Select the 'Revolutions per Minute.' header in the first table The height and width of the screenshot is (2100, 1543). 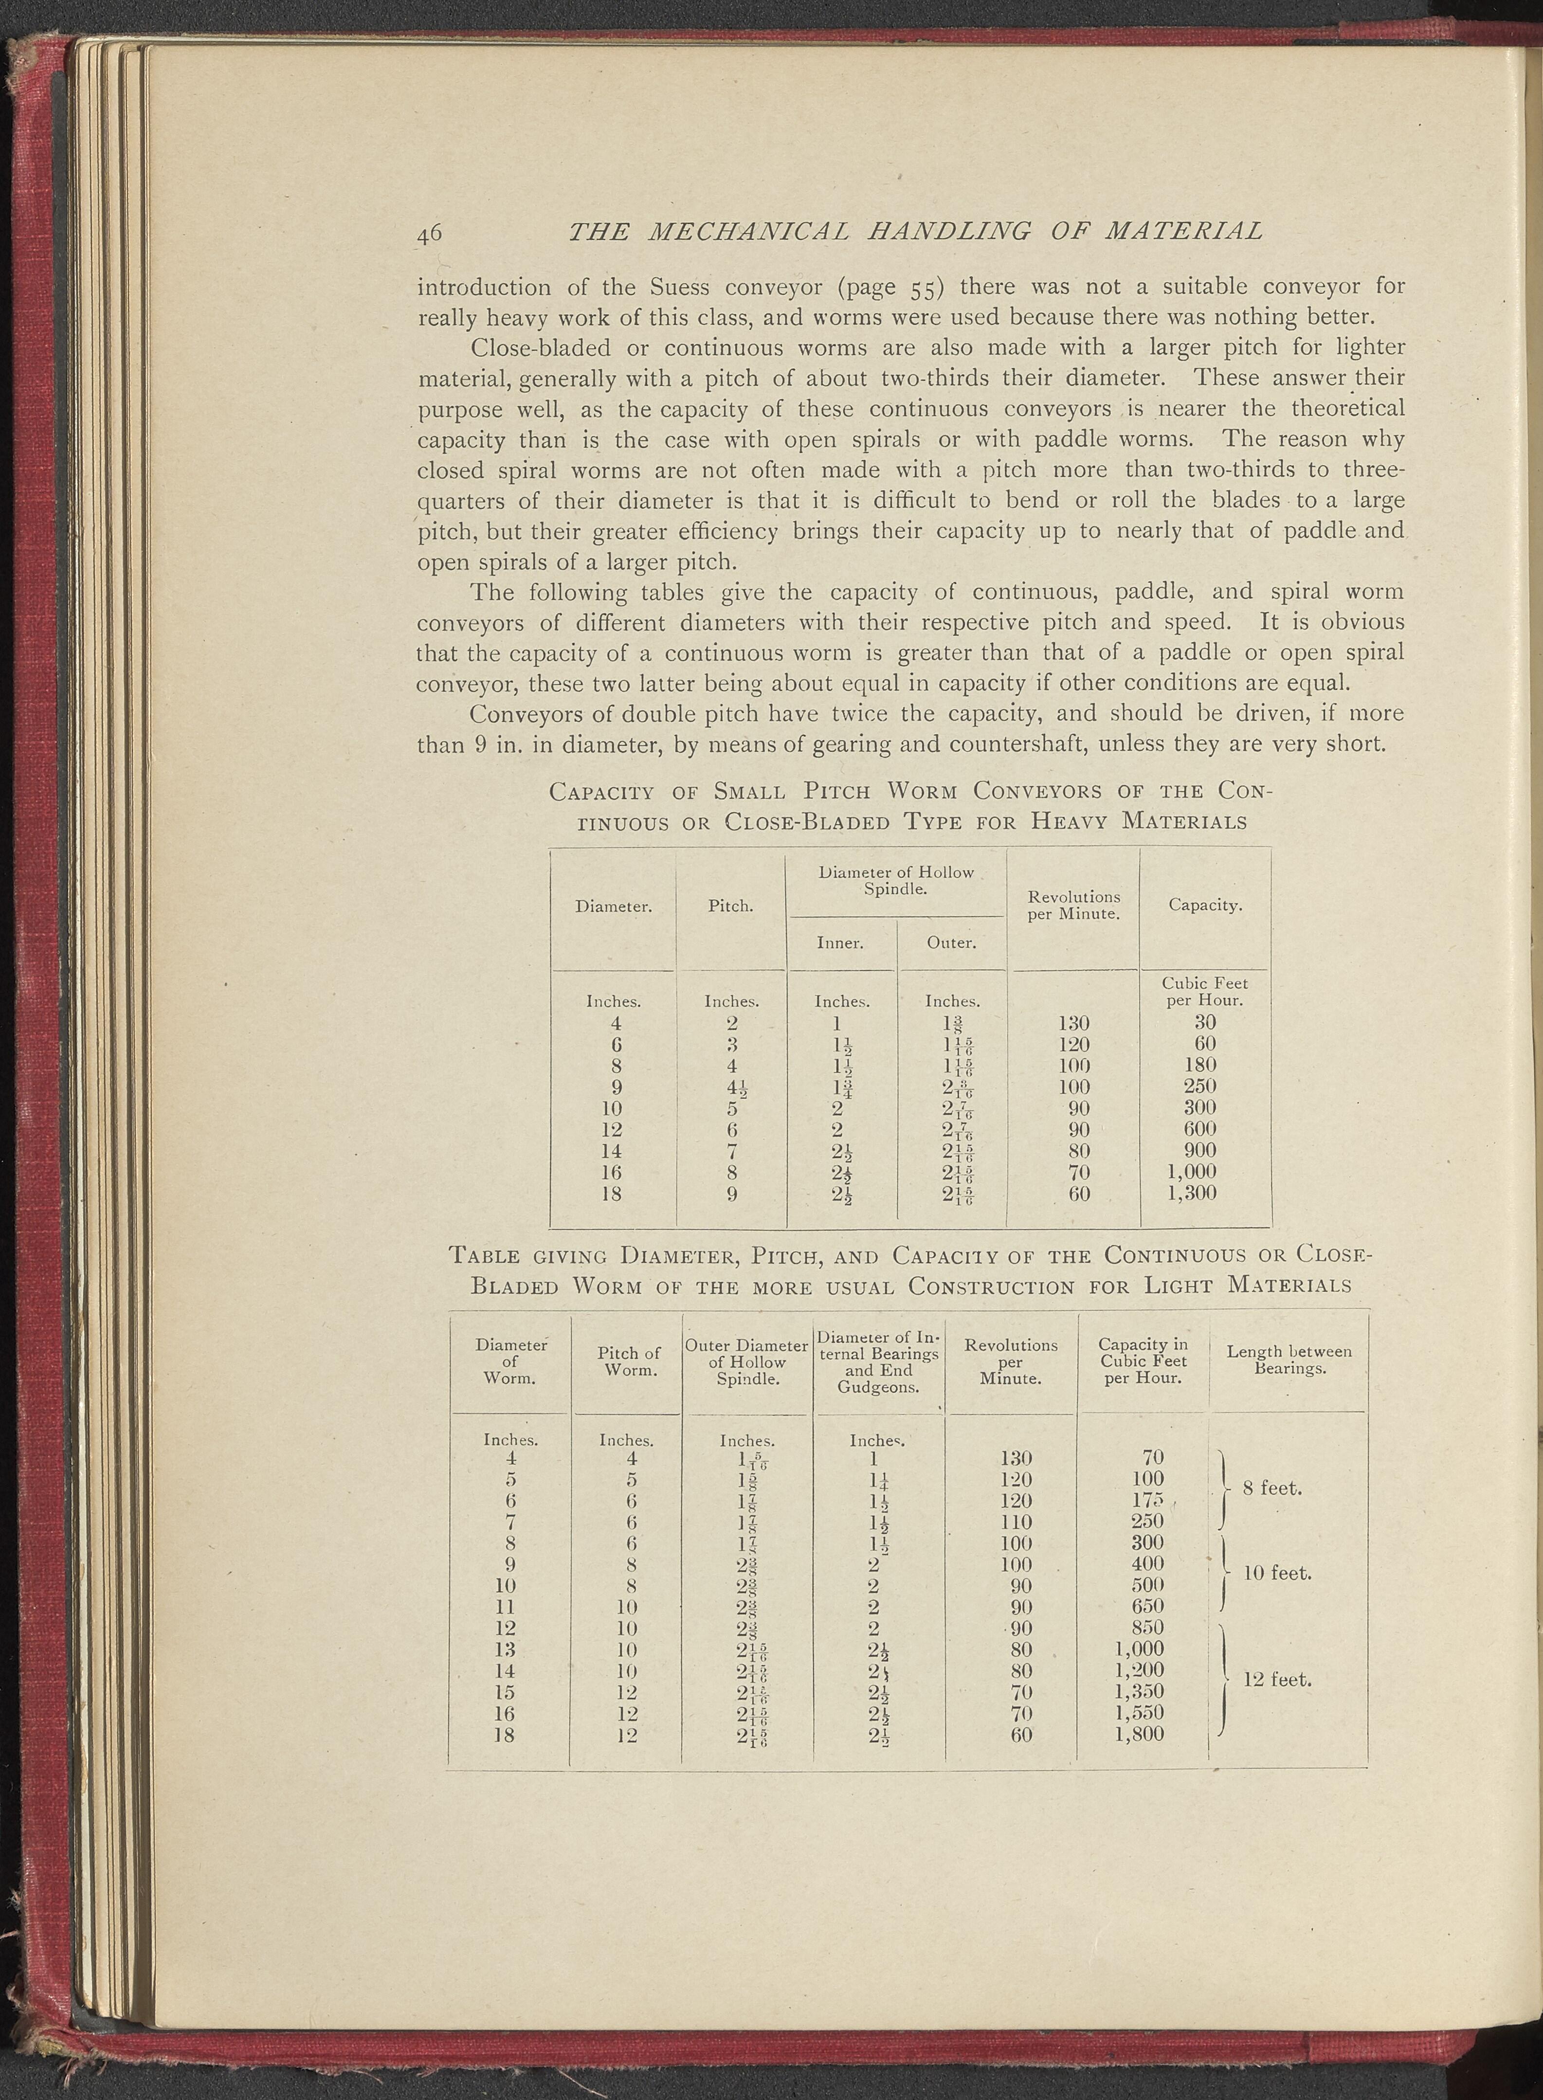tap(1073, 905)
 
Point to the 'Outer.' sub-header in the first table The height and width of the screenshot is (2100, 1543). tap(951, 942)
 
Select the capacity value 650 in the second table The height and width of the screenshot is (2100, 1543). tap(1147, 1606)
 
